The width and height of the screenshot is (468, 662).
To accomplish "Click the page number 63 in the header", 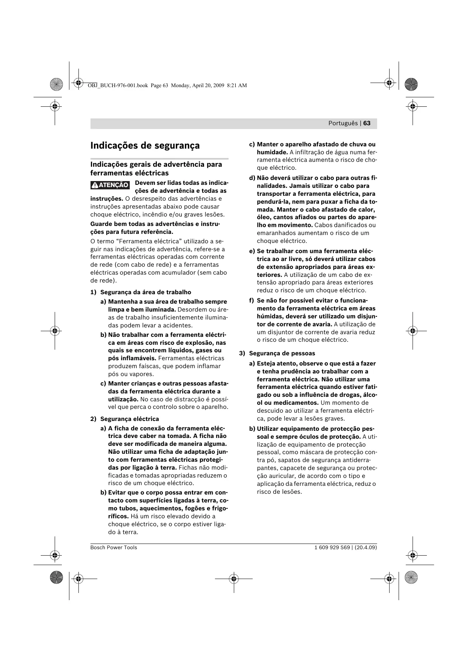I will tap(367, 123).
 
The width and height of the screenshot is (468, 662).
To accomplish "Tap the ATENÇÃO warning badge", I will tap(110, 185).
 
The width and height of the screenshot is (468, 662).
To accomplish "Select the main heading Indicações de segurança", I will tap(145, 146).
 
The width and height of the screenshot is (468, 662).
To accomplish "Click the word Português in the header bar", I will tap(342, 123).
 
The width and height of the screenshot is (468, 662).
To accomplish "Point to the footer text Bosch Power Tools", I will tap(114, 547).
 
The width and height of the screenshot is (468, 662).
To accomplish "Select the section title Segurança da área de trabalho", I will tap(146, 292).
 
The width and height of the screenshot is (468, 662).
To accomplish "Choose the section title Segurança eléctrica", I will tap(129, 419).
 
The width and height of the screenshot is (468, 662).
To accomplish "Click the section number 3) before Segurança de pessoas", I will tap(242, 353).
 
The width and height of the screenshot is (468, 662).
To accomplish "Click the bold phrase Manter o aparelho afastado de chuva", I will tap(316, 144).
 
